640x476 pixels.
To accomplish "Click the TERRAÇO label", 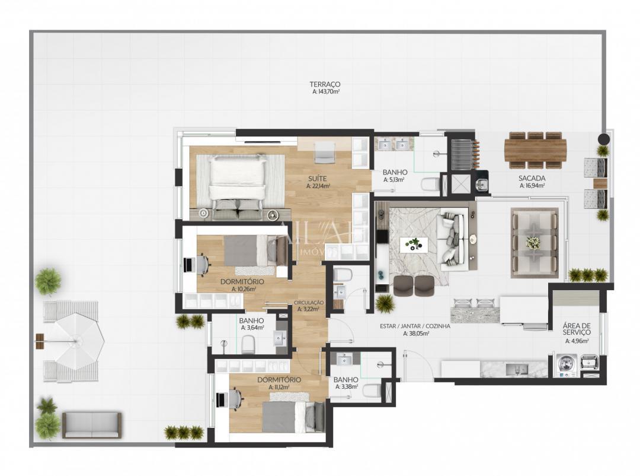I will pos(325,84).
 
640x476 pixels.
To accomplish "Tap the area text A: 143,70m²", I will pos(325,92).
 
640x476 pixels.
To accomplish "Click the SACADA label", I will pos(532,178).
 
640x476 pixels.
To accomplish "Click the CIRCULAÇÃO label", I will pos(309,302).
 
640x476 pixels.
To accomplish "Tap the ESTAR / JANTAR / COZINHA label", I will pos(415,326).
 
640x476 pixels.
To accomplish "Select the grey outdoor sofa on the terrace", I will pos(92,424).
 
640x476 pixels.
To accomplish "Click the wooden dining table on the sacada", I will pos(535,150).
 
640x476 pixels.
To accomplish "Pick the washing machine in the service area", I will pos(565,365).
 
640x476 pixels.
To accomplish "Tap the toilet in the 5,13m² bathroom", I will pos(430,184).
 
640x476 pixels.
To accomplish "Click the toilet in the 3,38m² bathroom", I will pos(372,389).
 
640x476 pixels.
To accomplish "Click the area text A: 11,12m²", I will pos(279,388).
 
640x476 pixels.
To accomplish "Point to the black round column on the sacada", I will pos(603,139).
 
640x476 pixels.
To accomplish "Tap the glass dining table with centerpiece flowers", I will pos(534,242).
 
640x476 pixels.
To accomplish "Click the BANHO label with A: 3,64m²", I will pos(252,320).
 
